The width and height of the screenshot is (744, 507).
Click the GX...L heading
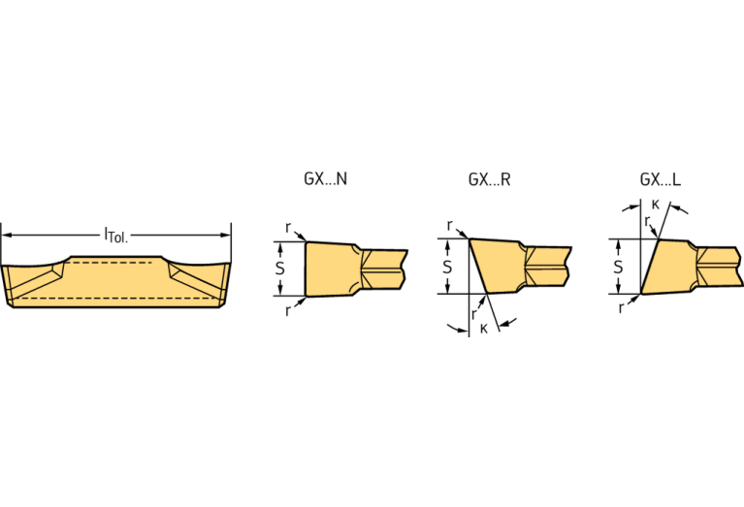[x=660, y=179]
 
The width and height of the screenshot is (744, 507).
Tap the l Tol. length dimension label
[x=116, y=234]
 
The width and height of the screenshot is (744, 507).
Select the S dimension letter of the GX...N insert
[x=279, y=269]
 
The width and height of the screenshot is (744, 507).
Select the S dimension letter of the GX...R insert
[x=447, y=266]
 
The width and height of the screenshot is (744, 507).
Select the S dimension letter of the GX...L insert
[x=618, y=266]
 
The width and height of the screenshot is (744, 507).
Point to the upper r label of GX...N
[x=288, y=227]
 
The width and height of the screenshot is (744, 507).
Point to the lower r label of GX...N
[x=288, y=310]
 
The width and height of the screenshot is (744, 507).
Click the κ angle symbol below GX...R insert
[x=483, y=330]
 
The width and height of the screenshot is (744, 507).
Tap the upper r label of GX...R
[x=450, y=225]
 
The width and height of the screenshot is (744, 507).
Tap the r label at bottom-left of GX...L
[x=622, y=307]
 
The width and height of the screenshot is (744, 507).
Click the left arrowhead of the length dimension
[x=6, y=234]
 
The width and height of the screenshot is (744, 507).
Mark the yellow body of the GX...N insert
[x=330, y=269]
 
